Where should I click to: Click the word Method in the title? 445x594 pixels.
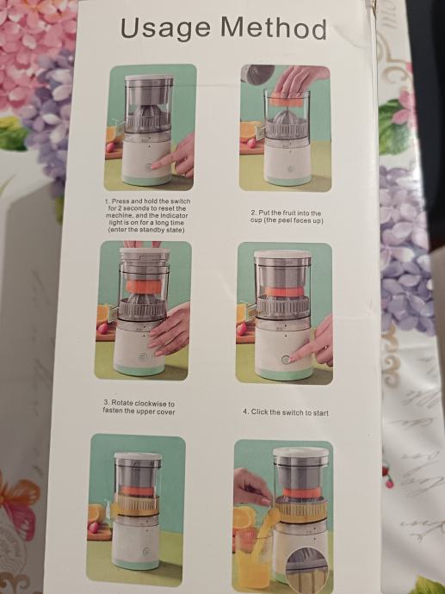[x=273, y=28]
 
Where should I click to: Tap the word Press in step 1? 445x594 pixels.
[x=121, y=201]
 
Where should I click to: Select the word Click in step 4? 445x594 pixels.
[x=259, y=411]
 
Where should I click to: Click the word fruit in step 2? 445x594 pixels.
[x=288, y=213]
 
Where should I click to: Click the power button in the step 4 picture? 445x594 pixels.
[x=285, y=360]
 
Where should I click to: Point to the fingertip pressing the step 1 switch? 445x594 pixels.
[x=154, y=166]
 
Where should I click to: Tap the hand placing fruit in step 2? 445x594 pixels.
[x=297, y=80]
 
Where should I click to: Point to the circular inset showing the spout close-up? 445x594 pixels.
[x=307, y=570]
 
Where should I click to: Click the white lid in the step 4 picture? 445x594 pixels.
[x=282, y=255]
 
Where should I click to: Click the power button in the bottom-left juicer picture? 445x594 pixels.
[x=145, y=552]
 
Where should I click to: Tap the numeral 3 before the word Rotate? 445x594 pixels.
[x=106, y=402]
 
